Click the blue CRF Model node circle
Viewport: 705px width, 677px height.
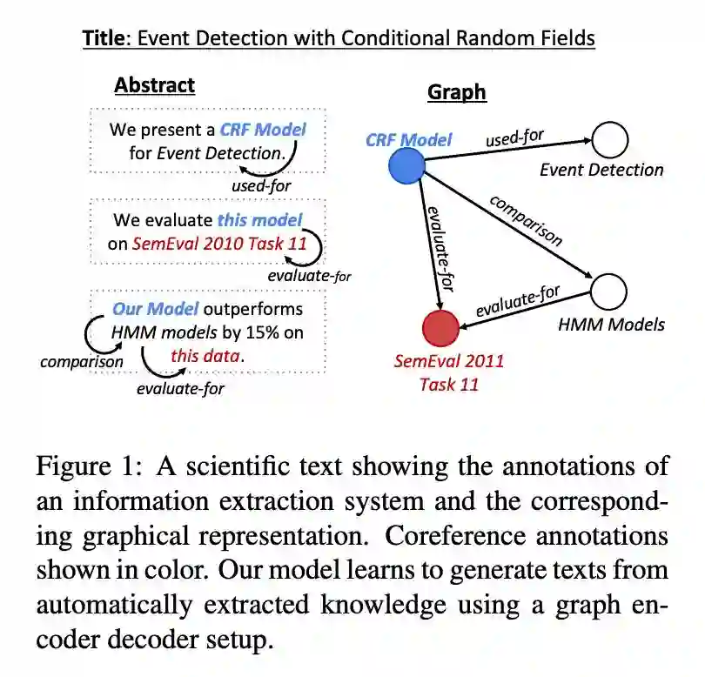point(402,165)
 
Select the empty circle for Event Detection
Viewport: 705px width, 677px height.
point(609,138)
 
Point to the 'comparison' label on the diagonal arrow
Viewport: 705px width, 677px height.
point(526,220)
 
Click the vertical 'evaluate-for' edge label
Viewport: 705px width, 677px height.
point(437,248)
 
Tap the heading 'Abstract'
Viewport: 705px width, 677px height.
point(155,84)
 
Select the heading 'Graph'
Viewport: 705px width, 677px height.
point(456,91)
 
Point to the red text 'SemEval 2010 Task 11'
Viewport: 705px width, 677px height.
point(220,244)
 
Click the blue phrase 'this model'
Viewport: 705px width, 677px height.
point(259,220)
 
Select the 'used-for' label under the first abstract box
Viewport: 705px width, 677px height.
point(261,185)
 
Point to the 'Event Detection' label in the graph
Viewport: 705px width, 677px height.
point(601,170)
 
